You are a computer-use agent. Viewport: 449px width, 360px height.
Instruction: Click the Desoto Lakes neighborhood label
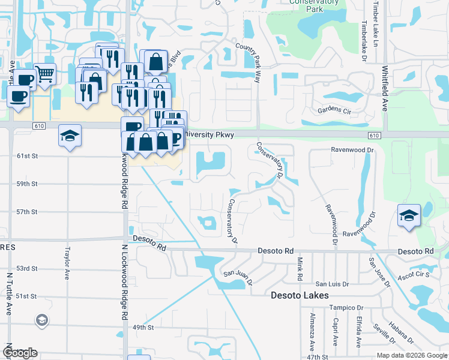300,295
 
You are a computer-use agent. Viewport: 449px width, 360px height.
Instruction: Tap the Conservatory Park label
306,6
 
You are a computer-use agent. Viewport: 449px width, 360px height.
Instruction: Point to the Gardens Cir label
335,111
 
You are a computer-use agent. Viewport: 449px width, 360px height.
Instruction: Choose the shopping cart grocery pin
45,74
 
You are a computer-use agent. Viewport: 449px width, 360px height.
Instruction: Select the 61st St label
26,156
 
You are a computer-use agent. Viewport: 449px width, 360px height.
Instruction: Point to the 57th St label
26,212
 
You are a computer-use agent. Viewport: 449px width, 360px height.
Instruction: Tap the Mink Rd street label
298,269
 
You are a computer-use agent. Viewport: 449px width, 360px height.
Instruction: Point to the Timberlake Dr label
364,42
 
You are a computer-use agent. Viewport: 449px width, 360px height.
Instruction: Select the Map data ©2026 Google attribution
411,355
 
